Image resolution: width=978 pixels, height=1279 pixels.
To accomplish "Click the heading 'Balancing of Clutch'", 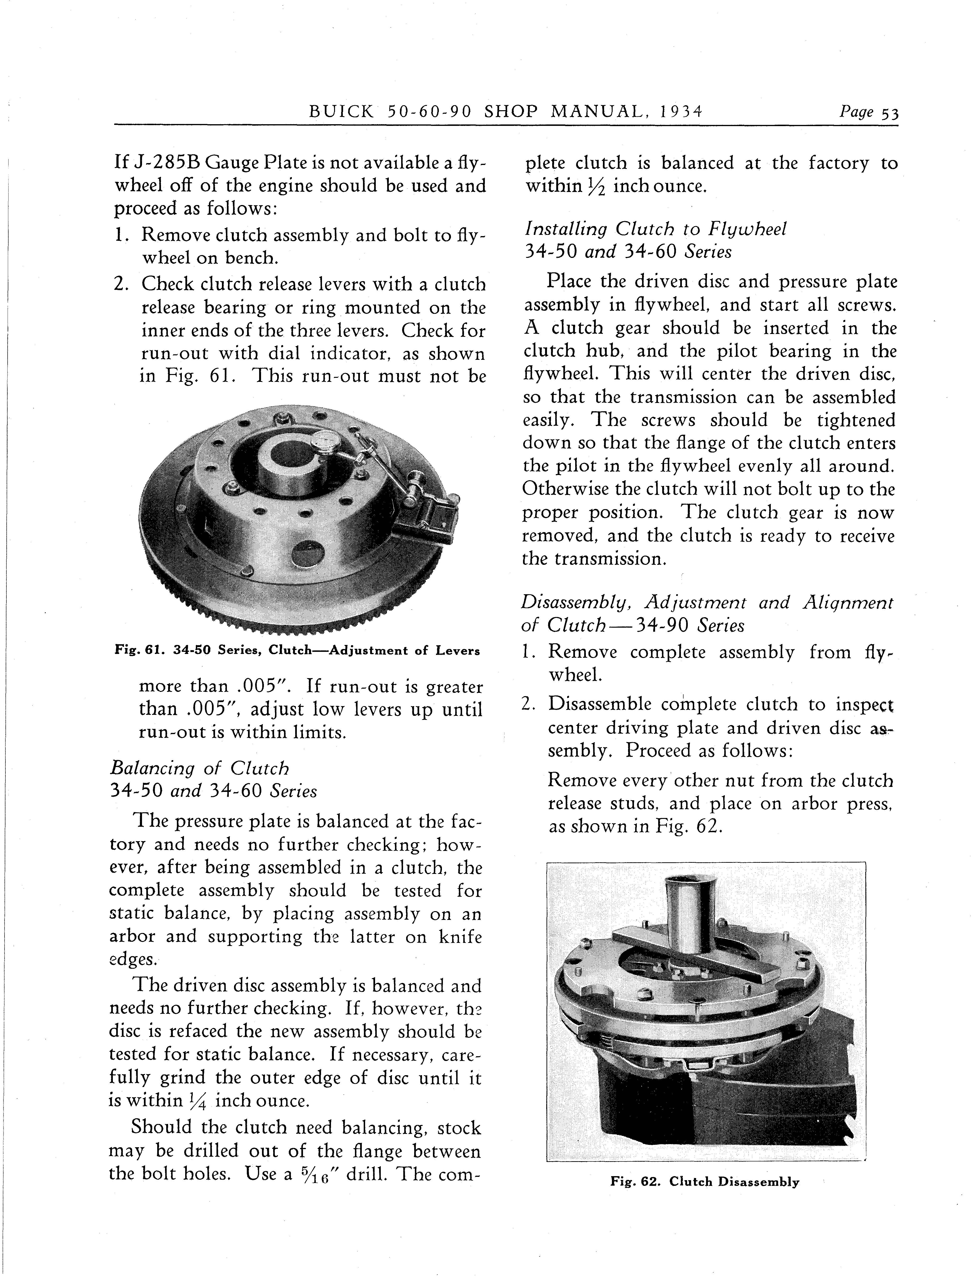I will click(200, 768).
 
